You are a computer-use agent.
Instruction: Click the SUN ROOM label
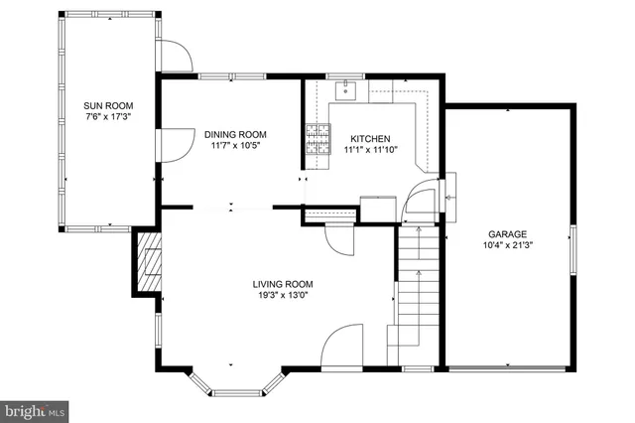pos(108,105)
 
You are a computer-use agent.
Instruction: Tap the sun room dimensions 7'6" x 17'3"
pos(108,116)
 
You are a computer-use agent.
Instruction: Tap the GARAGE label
pos(506,233)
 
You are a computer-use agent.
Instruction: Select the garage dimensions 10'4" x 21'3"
pos(506,245)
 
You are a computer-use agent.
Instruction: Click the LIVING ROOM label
pos(283,283)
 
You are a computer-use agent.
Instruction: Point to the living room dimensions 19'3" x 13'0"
pos(283,295)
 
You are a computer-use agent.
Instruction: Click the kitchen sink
pos(346,91)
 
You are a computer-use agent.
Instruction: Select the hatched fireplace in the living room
pos(149,262)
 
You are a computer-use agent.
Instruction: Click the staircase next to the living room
pos(418,288)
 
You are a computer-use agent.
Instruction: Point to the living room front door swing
pos(342,348)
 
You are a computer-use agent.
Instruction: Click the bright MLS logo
pos(35,409)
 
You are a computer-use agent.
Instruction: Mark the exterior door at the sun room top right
pos(176,56)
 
